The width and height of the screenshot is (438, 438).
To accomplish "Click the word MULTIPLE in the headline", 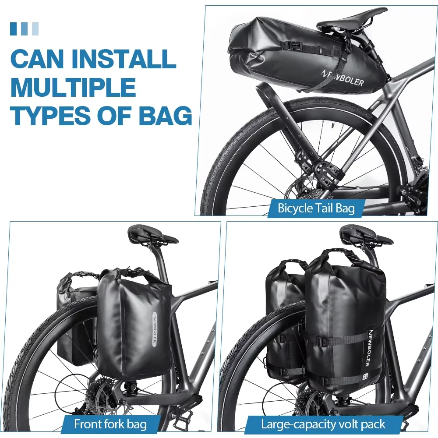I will [73, 88].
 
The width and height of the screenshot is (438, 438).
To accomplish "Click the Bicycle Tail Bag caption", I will [316, 208].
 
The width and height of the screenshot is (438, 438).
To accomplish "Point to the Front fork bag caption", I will [110, 424].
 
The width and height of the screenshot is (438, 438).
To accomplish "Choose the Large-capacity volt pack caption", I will [323, 424].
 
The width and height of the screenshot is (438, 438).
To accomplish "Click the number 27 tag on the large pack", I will [365, 376].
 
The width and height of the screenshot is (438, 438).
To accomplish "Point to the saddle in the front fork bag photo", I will [153, 236].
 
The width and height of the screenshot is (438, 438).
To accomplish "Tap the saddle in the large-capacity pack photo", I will [366, 235].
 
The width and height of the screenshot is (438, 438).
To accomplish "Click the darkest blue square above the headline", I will [14, 29].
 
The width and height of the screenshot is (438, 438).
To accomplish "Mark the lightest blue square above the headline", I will [35, 29].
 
